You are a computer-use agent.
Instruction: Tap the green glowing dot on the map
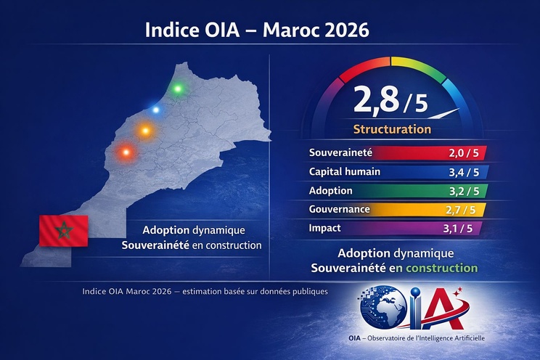[178, 89]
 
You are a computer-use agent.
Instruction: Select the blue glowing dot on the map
[156, 110]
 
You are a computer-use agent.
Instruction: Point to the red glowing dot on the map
[126, 152]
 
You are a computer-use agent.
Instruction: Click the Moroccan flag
[63, 230]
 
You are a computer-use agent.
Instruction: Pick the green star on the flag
[63, 230]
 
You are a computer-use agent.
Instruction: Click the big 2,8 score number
[375, 101]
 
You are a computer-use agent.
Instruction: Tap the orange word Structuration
[392, 130]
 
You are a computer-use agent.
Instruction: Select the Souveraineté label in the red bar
[340, 153]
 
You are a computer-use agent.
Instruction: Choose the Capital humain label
[345, 172]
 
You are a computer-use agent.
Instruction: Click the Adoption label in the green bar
[331, 191]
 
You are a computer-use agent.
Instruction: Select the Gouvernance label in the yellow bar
[340, 210]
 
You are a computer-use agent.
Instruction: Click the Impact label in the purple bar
[325, 228]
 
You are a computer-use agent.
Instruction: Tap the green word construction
[442, 268]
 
